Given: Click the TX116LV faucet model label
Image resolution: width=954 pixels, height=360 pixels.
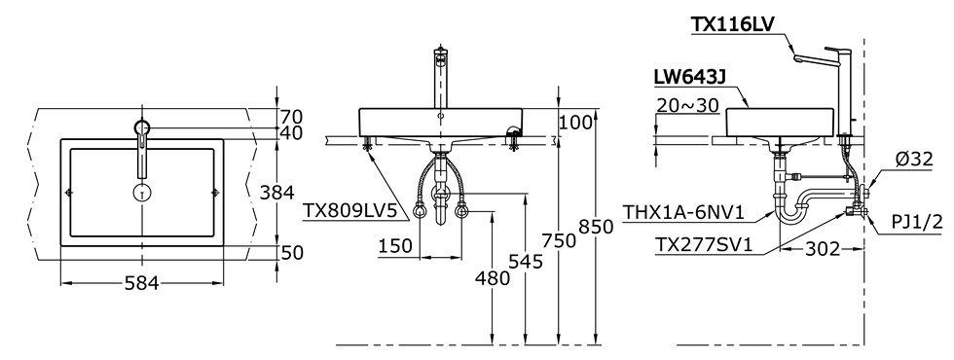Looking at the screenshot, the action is pos(732,24).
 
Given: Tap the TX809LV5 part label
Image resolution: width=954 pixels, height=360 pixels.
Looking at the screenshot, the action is pos(349,210).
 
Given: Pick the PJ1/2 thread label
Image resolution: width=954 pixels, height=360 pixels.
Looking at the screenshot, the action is pos(917,222).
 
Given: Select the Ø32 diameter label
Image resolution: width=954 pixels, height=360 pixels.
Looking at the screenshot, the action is pos(913,160).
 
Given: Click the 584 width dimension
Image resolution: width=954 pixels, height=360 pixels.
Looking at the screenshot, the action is pos(142,283).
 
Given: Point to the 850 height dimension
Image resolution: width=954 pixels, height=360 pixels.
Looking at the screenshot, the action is pos(596,226).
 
